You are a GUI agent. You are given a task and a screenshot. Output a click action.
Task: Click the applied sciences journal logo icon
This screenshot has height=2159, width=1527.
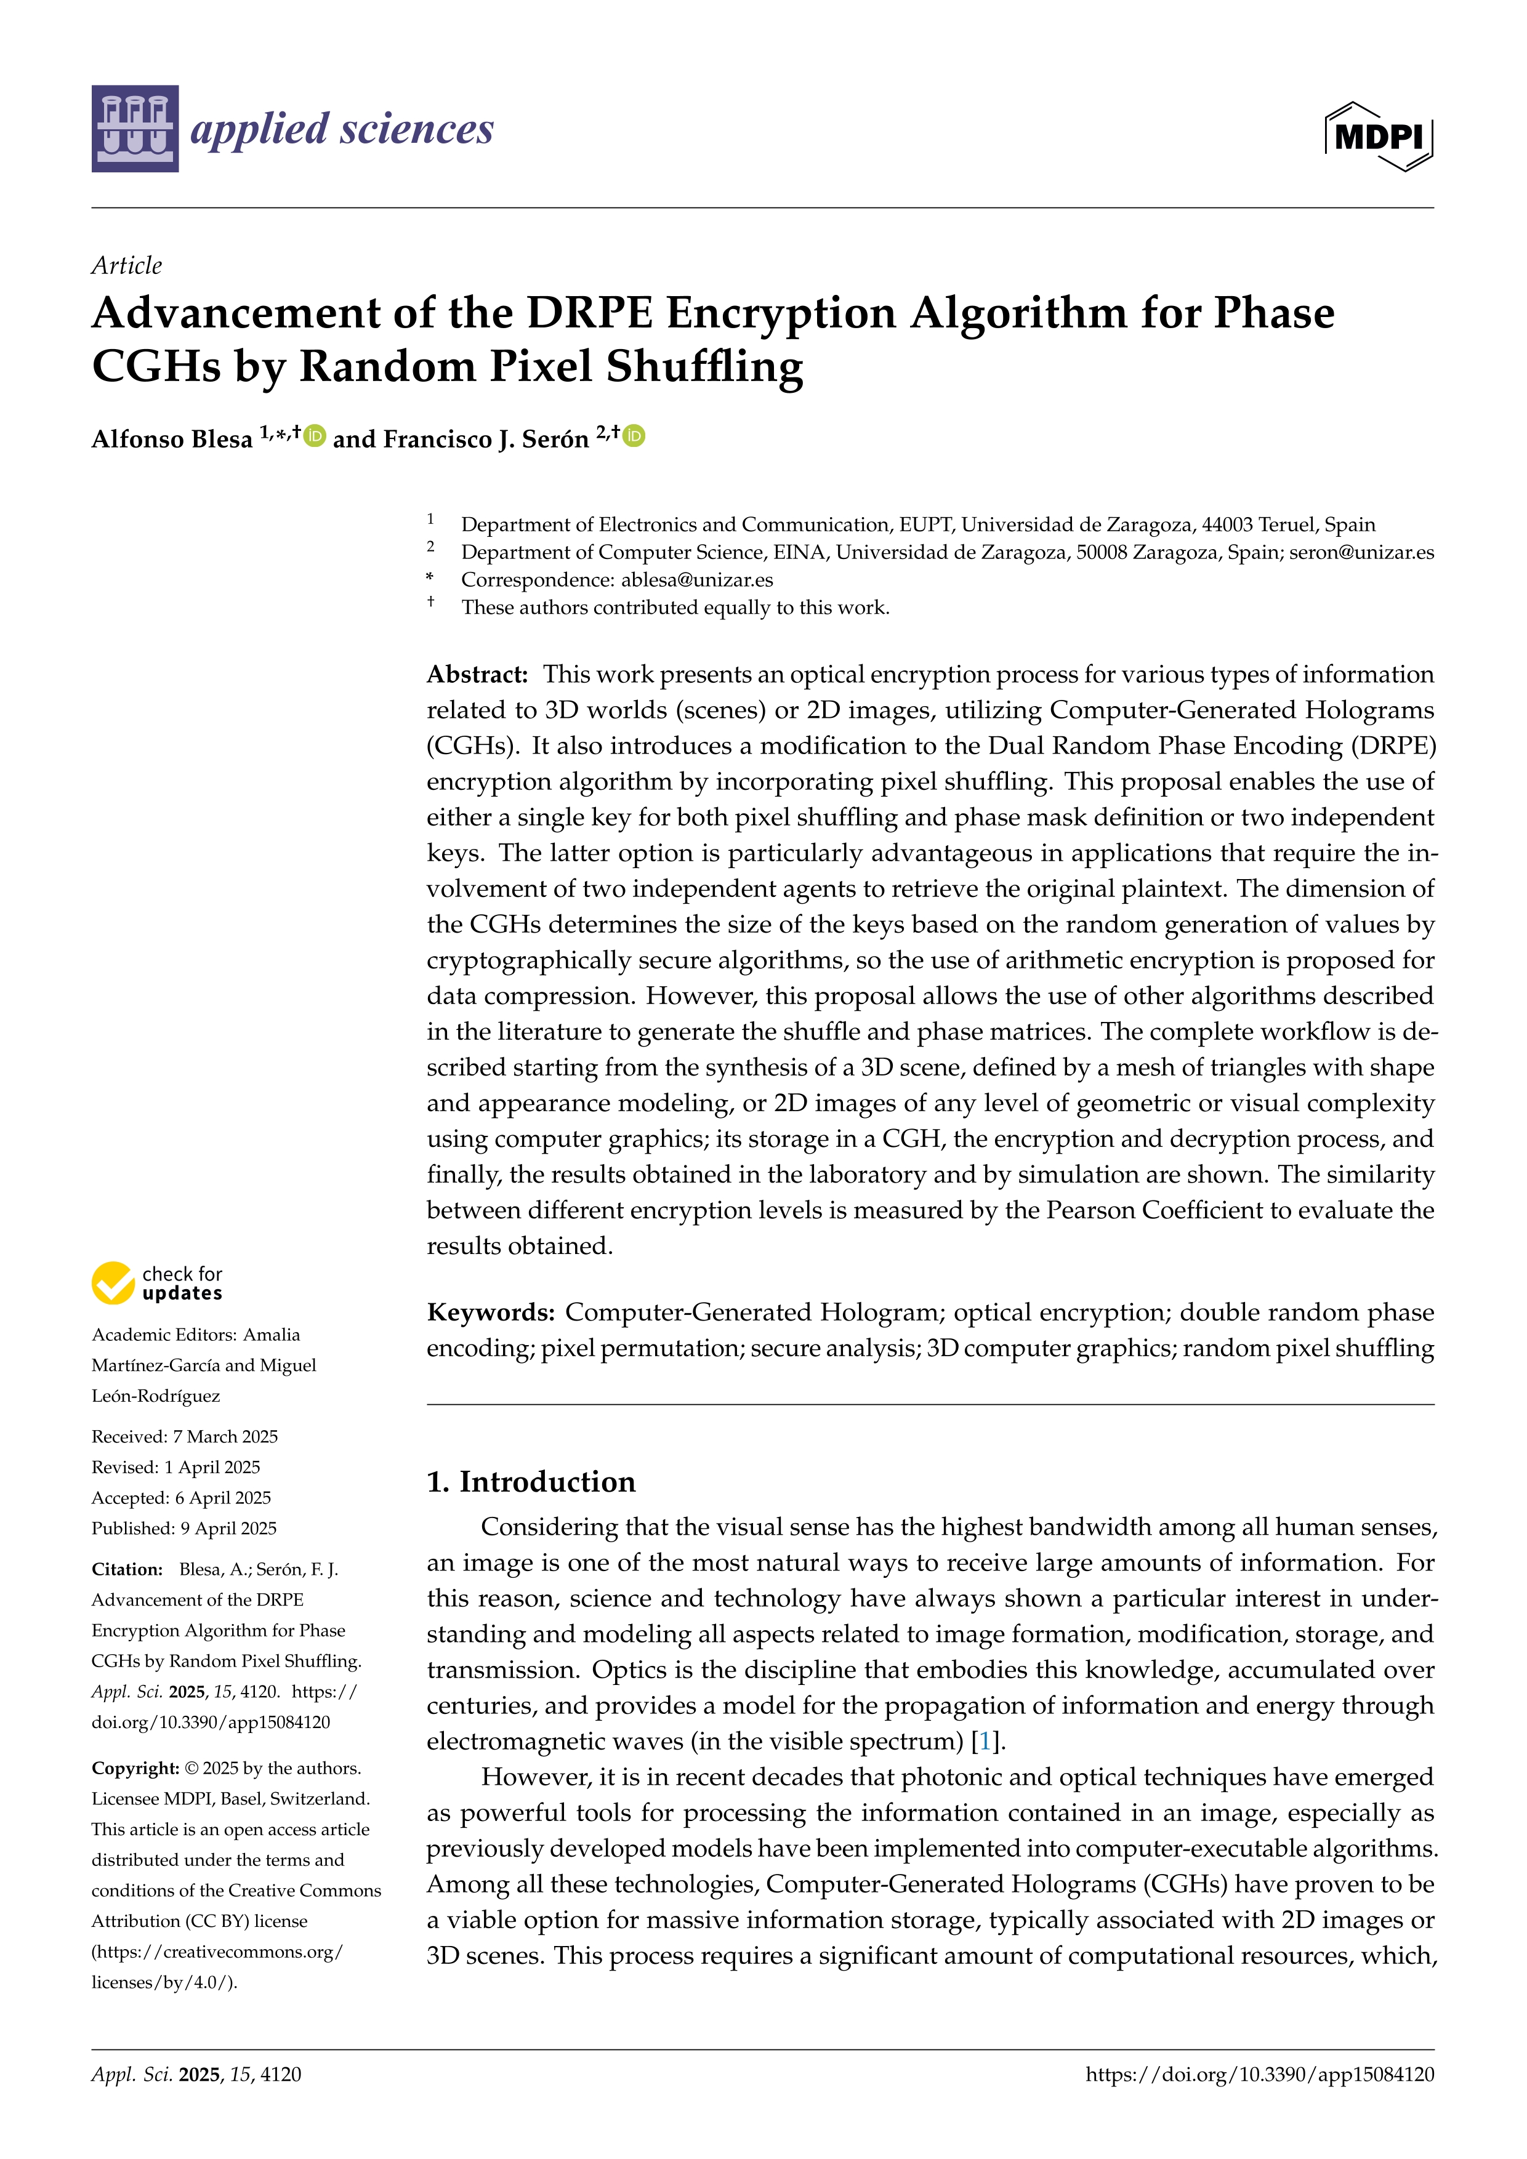134,129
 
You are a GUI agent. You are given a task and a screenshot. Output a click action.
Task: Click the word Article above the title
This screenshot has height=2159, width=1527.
126,265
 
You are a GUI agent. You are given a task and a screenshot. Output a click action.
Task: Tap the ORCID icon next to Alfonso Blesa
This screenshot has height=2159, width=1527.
315,436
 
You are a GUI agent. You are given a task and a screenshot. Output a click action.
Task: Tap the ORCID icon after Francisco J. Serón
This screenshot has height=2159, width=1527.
635,436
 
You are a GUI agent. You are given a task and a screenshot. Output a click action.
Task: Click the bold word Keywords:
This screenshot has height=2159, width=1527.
490,1312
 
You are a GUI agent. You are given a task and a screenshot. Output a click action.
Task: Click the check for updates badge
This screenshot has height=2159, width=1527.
157,1284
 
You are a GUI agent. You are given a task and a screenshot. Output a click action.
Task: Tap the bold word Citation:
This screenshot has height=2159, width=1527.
127,1569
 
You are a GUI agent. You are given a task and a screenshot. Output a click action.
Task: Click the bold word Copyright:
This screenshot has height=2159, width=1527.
134,1768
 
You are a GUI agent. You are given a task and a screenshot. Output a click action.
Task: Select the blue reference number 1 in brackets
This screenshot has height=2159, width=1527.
985,1742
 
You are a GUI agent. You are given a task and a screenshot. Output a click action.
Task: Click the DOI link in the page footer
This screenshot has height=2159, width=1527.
1259,2075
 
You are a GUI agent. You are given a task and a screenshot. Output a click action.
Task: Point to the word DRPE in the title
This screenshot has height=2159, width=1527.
589,313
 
